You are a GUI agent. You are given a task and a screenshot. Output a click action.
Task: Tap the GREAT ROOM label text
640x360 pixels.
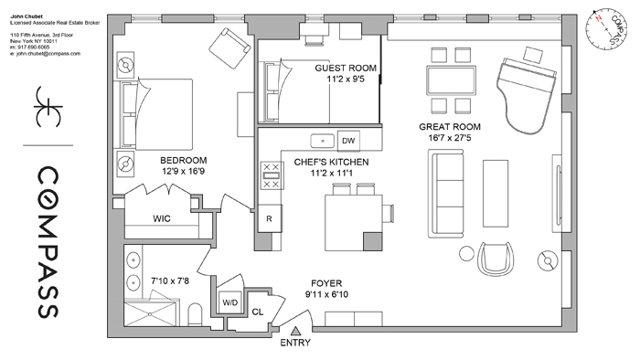pyautogui.click(x=449, y=127)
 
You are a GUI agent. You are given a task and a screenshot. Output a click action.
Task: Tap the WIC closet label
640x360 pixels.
pyautogui.click(x=163, y=219)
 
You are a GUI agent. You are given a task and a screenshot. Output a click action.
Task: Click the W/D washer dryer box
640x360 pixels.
pyautogui.click(x=229, y=302)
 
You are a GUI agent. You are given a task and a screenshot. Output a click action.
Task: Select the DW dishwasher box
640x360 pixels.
pyautogui.click(x=347, y=141)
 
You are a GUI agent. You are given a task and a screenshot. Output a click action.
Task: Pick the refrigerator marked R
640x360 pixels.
pyautogui.click(x=269, y=219)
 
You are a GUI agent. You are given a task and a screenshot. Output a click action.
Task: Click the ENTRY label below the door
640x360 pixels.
pyautogui.click(x=296, y=344)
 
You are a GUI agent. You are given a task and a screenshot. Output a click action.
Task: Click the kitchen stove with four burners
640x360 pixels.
pyautogui.click(x=270, y=175)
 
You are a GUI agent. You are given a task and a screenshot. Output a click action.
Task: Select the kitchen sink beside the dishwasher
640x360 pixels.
pyautogui.click(x=321, y=141)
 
